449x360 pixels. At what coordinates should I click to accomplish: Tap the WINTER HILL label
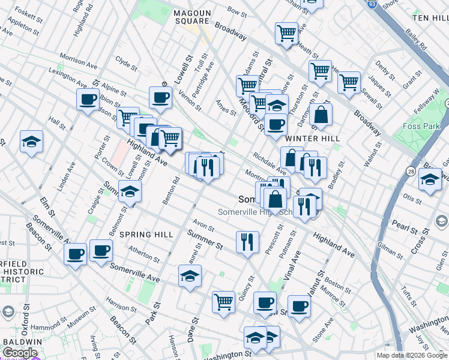[309, 138]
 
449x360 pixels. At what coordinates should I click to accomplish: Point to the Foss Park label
[420, 126]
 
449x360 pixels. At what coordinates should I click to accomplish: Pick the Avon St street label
[203, 227]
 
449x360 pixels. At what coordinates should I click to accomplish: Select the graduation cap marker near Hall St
[31, 142]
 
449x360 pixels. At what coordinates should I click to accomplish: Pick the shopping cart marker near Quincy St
[223, 301]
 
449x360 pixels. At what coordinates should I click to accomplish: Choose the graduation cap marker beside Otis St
[430, 179]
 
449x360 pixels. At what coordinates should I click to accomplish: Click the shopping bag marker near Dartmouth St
[321, 115]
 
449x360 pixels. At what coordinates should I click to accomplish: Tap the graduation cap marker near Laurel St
[190, 276]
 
